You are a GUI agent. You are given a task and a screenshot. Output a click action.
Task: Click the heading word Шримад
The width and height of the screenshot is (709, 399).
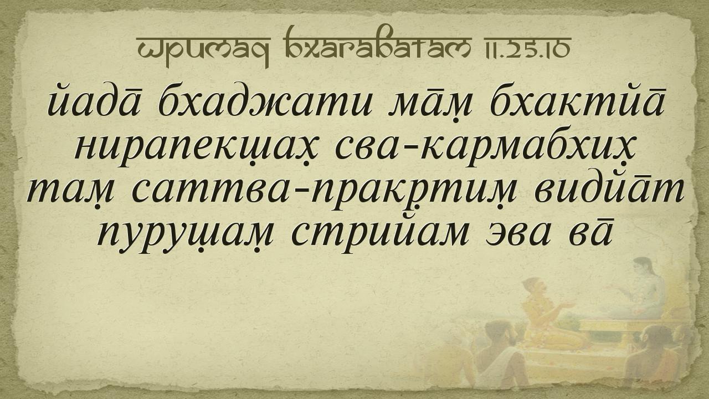(203, 50)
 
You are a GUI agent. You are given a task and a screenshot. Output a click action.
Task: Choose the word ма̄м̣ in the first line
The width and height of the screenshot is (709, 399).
(432, 105)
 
